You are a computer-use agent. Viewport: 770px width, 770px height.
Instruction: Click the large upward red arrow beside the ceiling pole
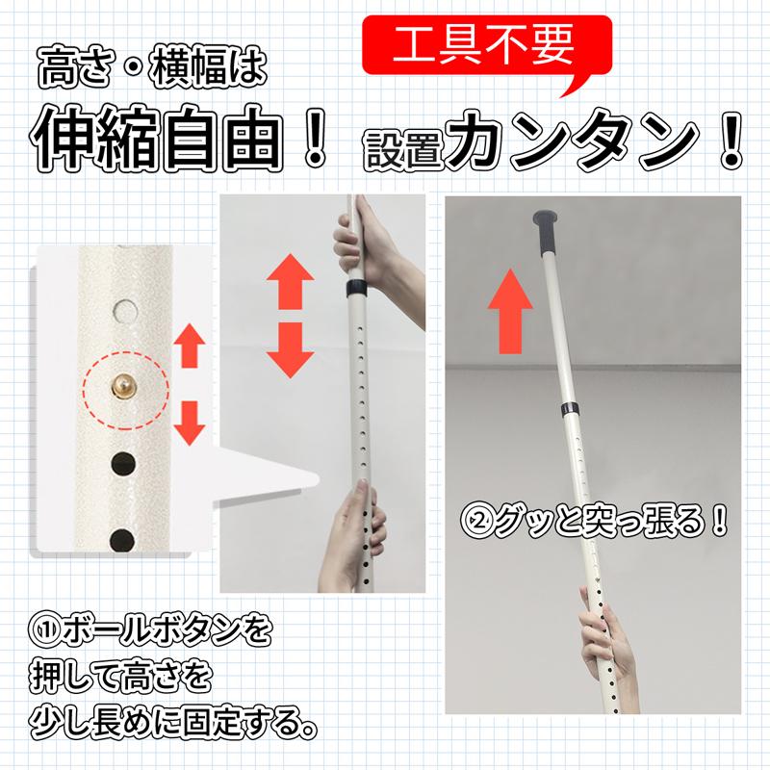click(x=510, y=311)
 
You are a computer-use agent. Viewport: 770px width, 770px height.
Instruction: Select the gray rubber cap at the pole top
click(x=546, y=232)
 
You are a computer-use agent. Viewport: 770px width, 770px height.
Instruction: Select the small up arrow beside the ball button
click(x=190, y=346)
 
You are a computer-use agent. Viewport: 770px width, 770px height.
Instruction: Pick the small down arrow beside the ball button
click(x=190, y=423)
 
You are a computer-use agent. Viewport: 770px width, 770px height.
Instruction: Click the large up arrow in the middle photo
click(x=291, y=281)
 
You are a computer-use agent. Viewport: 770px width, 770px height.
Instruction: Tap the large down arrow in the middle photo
click(x=291, y=350)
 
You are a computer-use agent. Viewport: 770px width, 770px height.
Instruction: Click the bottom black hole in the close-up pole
click(x=122, y=539)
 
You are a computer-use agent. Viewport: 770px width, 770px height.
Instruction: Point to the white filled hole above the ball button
click(x=125, y=309)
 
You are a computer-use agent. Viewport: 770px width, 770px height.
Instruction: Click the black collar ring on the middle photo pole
click(x=356, y=287)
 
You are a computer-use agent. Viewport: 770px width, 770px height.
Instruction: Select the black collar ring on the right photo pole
click(x=571, y=408)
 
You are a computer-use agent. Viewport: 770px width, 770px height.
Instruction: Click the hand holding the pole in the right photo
click(x=610, y=643)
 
